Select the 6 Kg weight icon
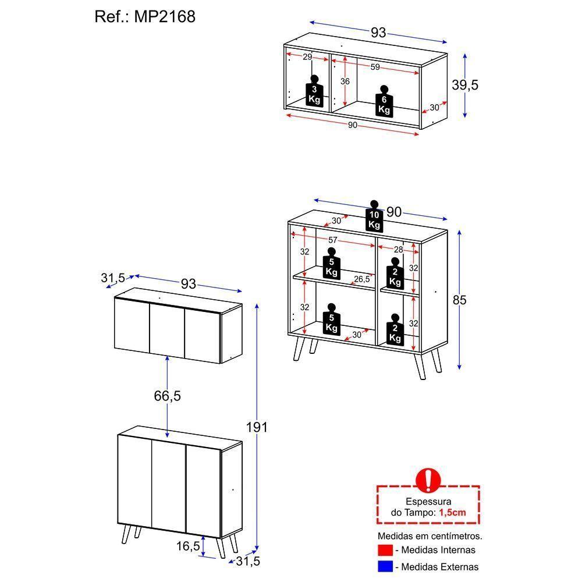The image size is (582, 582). (x=384, y=102)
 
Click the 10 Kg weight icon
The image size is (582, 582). (x=374, y=216)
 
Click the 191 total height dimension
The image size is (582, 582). (x=256, y=427)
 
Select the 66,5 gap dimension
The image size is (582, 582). (x=168, y=396)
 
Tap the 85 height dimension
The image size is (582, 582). (x=460, y=300)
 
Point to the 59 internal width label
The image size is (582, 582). (x=375, y=67)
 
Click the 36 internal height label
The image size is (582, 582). (x=345, y=81)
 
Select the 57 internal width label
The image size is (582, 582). (x=332, y=240)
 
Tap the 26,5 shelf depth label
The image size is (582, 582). (x=362, y=279)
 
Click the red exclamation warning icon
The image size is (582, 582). (x=428, y=480)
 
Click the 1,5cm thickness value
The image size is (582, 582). (x=452, y=512)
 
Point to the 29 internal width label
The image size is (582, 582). (x=307, y=56)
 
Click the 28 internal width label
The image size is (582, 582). (x=398, y=249)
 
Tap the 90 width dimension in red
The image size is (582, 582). (x=352, y=126)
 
